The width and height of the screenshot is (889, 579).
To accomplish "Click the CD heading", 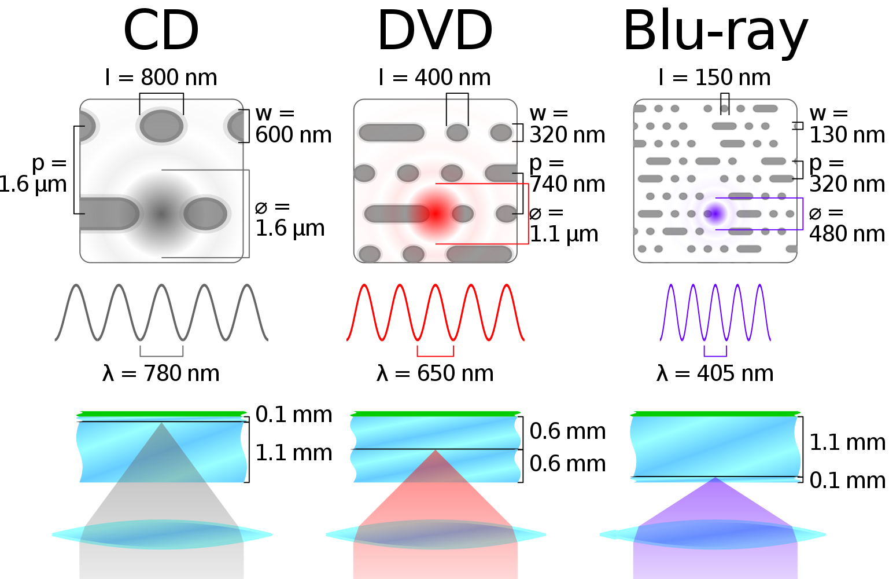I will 161,31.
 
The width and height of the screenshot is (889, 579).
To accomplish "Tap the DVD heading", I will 435,31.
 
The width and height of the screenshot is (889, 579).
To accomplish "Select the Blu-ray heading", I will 715,32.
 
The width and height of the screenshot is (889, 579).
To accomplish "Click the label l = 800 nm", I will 161,78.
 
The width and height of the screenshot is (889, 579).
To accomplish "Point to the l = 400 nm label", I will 434,78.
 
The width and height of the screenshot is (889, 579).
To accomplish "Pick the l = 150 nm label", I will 714,78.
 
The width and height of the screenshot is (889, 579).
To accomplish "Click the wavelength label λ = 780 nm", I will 161,373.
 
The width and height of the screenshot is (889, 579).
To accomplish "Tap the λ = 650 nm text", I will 435,373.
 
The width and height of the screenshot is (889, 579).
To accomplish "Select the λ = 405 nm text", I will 715,373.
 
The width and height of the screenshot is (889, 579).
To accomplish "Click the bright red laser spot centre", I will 435,214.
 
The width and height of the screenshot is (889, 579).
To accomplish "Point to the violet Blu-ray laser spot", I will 715,214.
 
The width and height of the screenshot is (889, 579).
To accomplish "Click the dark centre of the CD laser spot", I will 161,214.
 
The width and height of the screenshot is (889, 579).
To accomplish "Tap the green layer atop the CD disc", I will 161,414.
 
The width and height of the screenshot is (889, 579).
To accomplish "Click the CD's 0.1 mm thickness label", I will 294,415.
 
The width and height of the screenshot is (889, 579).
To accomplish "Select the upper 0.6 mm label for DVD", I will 567,431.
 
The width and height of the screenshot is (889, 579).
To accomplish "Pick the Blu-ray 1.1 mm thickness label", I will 847,443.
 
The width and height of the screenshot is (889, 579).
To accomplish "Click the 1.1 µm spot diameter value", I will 564,234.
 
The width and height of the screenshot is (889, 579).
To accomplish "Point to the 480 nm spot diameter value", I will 847,234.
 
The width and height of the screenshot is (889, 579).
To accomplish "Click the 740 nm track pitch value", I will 567,184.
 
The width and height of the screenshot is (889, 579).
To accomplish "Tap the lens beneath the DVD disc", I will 436,534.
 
